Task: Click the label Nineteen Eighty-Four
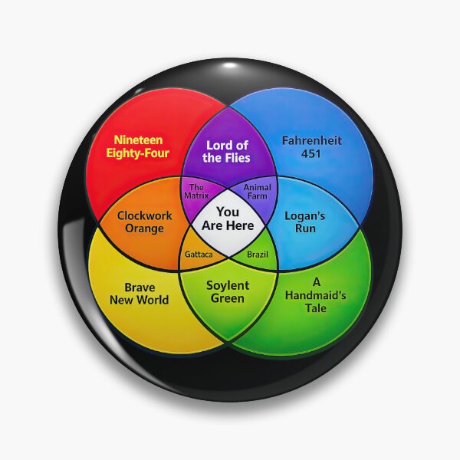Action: pyautogui.click(x=137, y=146)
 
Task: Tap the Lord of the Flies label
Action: pyautogui.click(x=226, y=151)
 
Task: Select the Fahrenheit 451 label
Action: pyautogui.click(x=312, y=146)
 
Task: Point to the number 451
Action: pyautogui.click(x=311, y=153)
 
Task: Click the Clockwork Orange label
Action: pyautogui.click(x=144, y=222)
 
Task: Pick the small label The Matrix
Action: pyautogui.click(x=196, y=191)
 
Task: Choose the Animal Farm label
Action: pyautogui.click(x=258, y=191)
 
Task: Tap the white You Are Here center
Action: pyautogui.click(x=228, y=219)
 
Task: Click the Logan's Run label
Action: pyautogui.click(x=305, y=222)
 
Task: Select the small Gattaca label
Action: pyautogui.click(x=199, y=255)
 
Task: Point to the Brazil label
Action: pyautogui.click(x=258, y=255)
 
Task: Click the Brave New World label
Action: pyautogui.click(x=140, y=294)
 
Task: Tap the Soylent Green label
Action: pyautogui.click(x=228, y=292)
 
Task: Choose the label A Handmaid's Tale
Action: pyautogui.click(x=316, y=295)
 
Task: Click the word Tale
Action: pyautogui.click(x=316, y=308)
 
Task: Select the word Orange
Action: pyautogui.click(x=144, y=228)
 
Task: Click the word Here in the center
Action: pyautogui.click(x=240, y=225)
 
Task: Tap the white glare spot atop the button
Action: pyautogui.click(x=230, y=65)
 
